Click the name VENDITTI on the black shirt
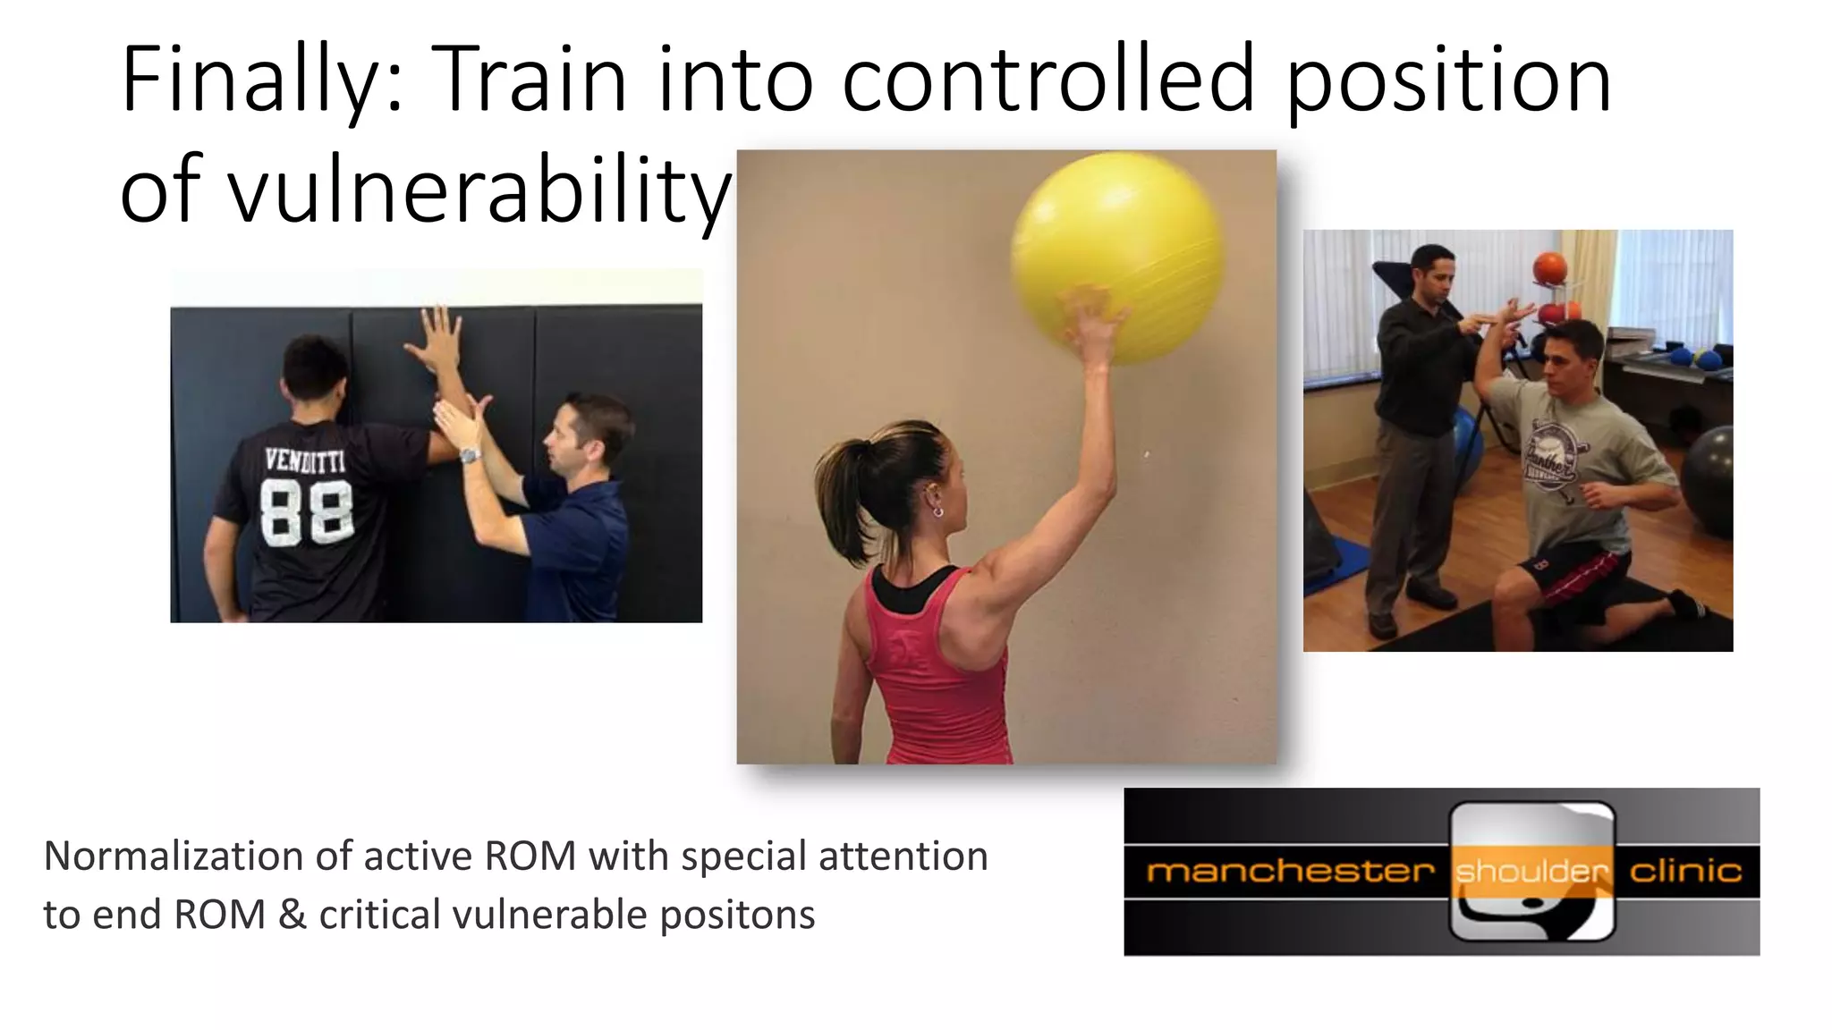(x=305, y=462)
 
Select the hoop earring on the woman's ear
(x=937, y=511)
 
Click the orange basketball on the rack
(x=1549, y=268)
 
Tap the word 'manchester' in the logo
(x=1290, y=870)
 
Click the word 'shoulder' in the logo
(x=1531, y=871)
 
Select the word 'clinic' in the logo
(x=1685, y=870)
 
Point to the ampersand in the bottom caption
(x=293, y=915)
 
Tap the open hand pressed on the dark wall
(x=436, y=340)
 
